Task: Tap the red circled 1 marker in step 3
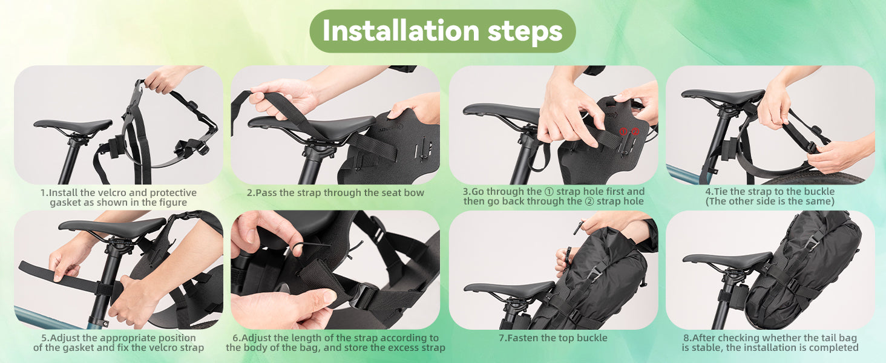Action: [x=623, y=132]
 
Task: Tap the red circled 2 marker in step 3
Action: [x=635, y=132]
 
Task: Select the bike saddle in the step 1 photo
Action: [x=73, y=126]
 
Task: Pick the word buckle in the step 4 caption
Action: [x=818, y=191]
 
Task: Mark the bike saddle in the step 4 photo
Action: [x=722, y=96]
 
